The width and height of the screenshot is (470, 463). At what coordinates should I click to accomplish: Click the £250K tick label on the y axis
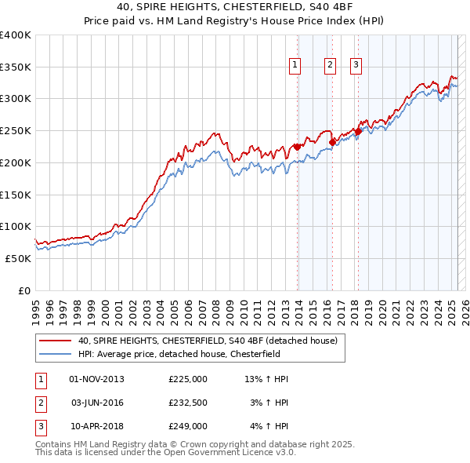pos(16,131)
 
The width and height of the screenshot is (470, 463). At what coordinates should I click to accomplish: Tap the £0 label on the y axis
pos(23,290)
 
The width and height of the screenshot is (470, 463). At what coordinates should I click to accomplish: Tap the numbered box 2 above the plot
pos(330,65)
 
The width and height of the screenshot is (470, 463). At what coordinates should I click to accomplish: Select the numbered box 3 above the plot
pos(356,65)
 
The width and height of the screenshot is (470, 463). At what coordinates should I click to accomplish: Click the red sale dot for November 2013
pos(298,147)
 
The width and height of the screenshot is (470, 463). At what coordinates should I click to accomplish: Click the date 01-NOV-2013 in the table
pos(97,379)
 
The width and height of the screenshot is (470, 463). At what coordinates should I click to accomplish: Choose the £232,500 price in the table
pos(188,403)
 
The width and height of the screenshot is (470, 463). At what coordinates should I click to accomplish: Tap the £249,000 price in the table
pos(188,426)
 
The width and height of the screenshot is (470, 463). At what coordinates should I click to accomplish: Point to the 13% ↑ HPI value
pos(266,379)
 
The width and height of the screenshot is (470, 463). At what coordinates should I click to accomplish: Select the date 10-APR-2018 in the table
pos(97,426)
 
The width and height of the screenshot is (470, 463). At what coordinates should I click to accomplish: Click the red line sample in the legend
pos(56,341)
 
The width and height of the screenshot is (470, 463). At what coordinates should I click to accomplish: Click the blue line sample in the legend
pos(56,355)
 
